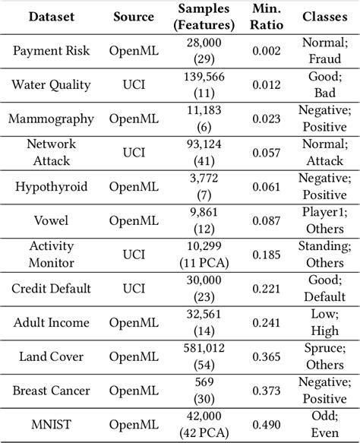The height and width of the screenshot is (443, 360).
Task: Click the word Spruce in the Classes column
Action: click(327, 350)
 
